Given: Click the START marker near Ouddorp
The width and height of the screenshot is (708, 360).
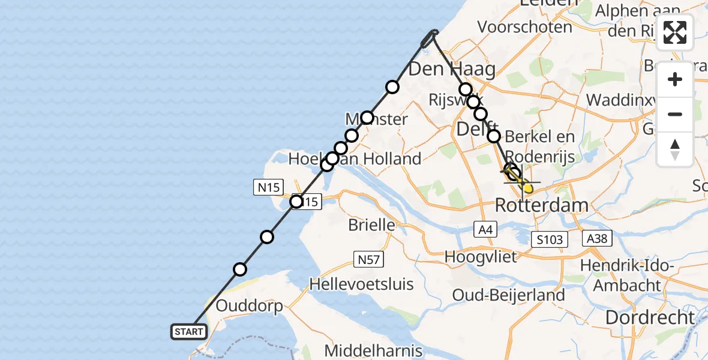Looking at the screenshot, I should point(190,331).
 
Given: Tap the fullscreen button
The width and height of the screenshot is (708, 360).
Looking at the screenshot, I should point(675,32).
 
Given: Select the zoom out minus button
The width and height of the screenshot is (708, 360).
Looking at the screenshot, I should point(675,114).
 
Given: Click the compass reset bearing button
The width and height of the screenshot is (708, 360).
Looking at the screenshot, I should point(675,149).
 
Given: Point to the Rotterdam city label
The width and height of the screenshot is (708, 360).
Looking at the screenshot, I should point(541,206).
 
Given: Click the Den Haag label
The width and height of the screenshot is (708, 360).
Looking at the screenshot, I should point(452,70).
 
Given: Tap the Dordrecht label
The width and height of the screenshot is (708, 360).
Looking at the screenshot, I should point(650,317).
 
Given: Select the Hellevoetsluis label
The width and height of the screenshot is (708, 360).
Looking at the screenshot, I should point(362,283).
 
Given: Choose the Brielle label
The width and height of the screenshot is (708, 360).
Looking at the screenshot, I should point(372,226).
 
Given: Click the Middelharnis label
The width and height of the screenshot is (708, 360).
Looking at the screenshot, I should point(373,350).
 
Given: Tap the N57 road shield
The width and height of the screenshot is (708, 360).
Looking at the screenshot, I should point(368,259).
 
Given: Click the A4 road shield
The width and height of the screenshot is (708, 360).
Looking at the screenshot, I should point(485,229).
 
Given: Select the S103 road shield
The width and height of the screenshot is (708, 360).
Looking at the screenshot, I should point(550,240).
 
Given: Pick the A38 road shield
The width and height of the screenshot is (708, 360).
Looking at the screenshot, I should point(596,239).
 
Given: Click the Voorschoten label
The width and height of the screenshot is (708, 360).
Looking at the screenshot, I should point(524,27).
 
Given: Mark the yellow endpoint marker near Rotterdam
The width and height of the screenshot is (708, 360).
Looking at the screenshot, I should point(527,189).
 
